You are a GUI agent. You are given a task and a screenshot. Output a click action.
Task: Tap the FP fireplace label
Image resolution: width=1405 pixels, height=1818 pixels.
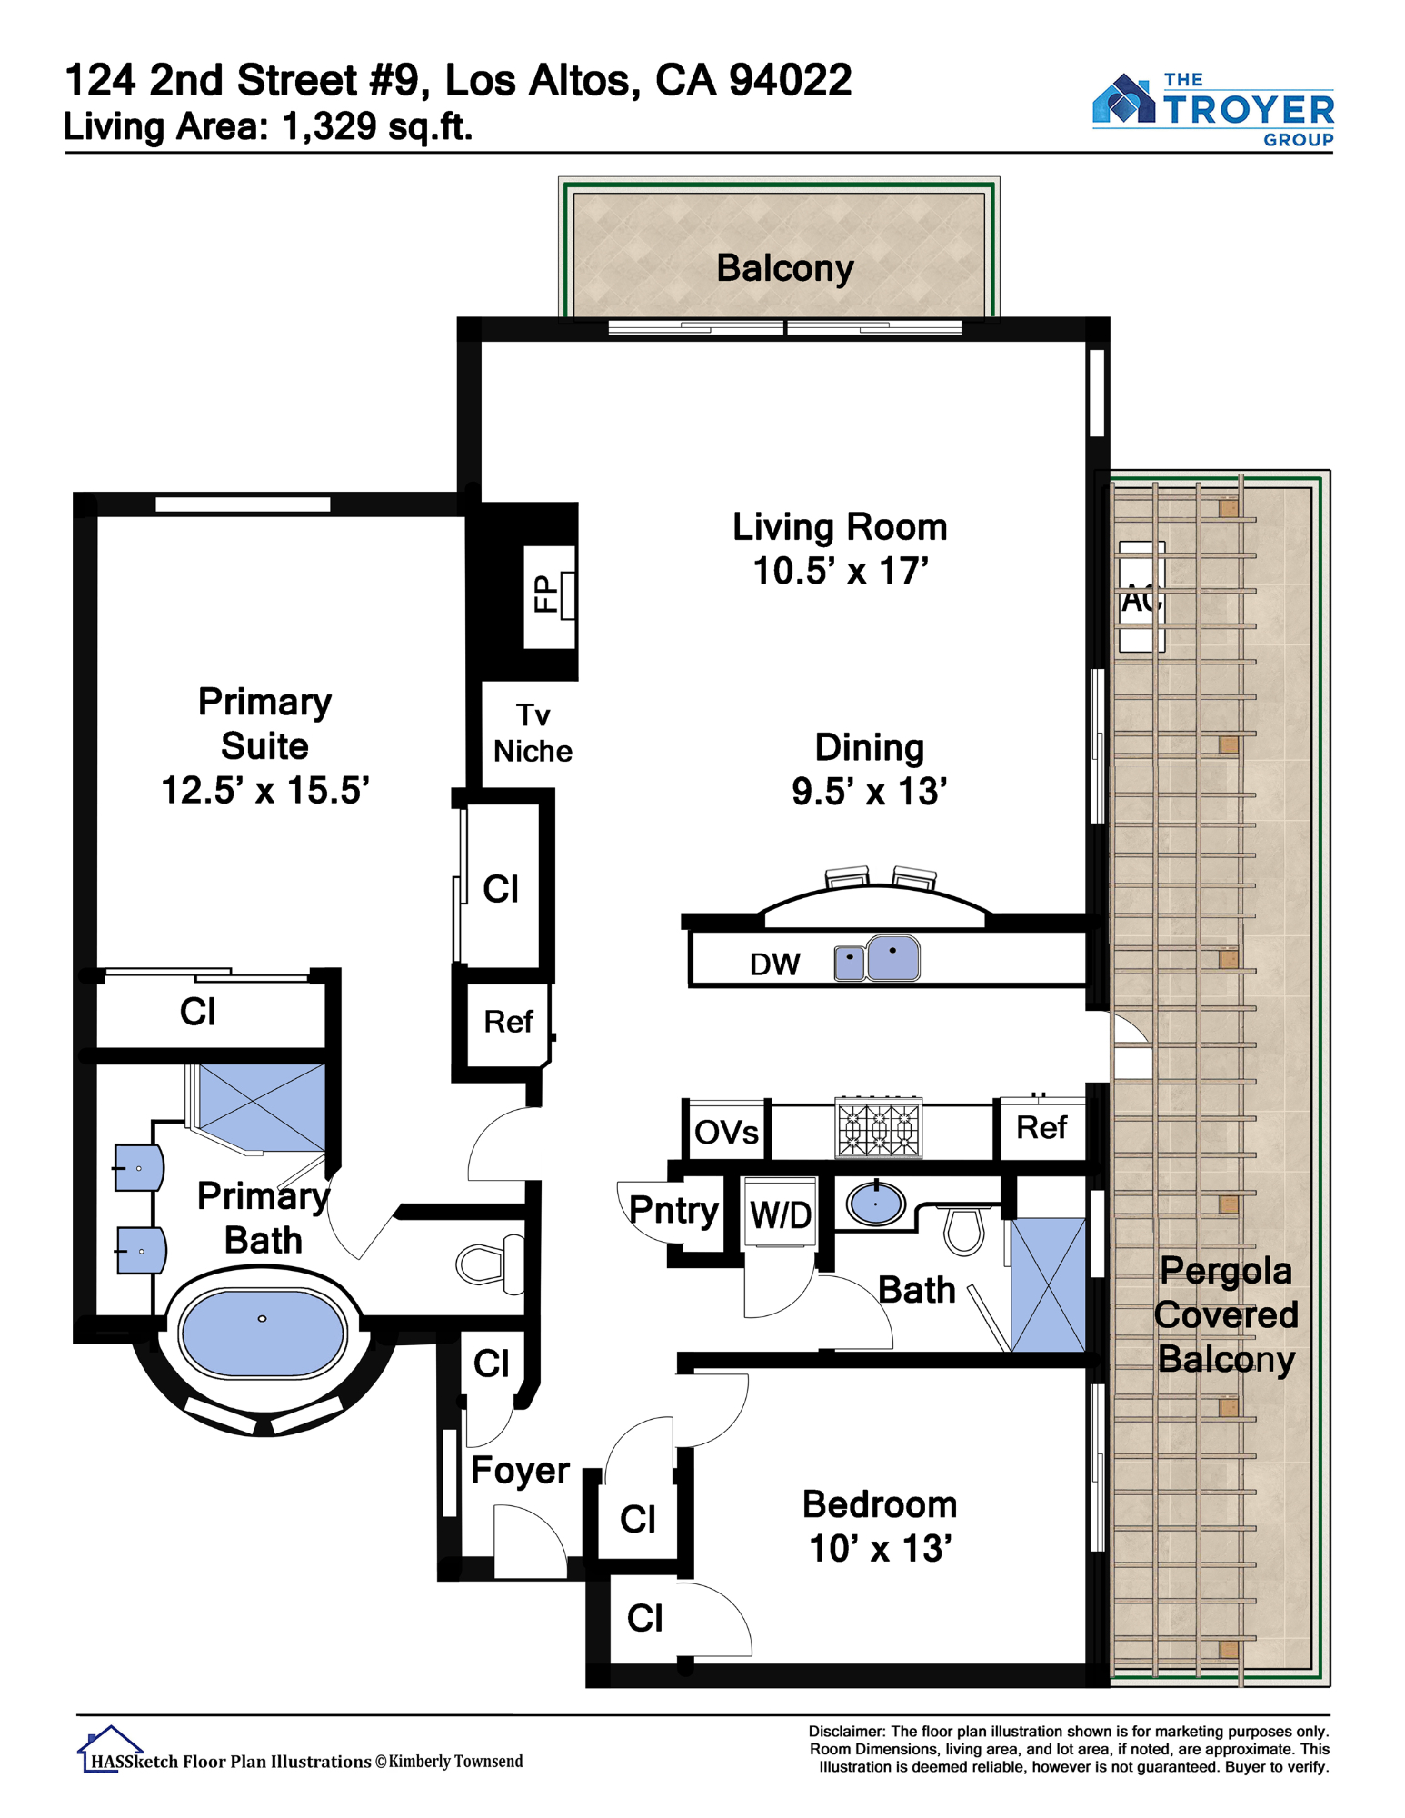(544, 594)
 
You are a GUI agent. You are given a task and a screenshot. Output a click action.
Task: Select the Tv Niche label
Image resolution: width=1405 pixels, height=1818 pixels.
(533, 733)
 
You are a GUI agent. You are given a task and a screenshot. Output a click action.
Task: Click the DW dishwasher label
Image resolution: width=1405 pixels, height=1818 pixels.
(774, 964)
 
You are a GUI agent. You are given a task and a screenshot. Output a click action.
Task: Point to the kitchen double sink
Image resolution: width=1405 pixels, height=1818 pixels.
(877, 959)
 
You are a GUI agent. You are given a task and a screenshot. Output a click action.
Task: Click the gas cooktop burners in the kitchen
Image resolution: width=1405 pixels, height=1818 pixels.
(879, 1127)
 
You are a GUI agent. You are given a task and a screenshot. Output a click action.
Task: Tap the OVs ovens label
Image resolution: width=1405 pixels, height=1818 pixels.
(726, 1133)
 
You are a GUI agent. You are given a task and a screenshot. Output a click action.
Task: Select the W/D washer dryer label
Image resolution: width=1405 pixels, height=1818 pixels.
(781, 1214)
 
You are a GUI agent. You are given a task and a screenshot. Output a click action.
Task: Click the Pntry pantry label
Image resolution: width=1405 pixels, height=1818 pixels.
(673, 1211)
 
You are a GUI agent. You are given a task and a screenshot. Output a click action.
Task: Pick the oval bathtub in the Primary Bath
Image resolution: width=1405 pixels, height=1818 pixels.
(263, 1333)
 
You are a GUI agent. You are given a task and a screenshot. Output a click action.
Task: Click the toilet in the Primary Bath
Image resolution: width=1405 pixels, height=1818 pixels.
(491, 1264)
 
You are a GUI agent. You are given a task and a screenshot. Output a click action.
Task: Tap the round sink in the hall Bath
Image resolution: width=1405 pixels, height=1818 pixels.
(875, 1204)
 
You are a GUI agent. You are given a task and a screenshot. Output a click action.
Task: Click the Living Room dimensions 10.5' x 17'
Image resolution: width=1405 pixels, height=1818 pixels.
(841, 571)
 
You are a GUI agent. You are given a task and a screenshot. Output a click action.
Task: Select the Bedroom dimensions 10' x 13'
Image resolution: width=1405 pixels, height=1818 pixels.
(880, 1549)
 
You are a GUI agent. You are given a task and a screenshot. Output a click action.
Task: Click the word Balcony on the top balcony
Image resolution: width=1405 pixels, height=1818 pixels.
(785, 269)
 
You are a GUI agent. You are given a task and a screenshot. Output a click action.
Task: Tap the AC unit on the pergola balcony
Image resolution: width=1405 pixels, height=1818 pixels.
(1141, 597)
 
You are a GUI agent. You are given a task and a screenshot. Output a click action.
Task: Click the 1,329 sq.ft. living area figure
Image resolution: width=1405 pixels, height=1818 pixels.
(377, 126)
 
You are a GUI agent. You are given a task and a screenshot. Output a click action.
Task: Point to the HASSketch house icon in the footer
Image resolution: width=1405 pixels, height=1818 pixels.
(110, 1749)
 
